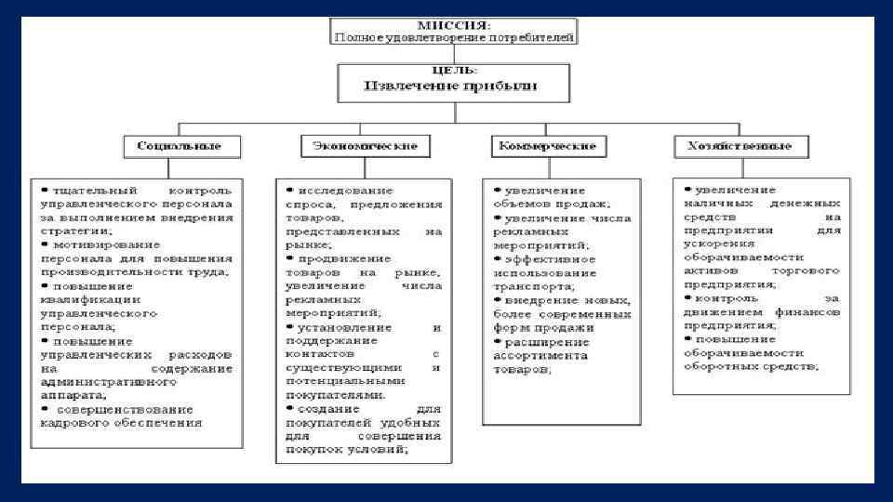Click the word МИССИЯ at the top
click(x=455, y=24)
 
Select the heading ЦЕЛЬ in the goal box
click(x=454, y=70)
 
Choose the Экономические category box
click(x=359, y=147)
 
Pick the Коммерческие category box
click(x=548, y=147)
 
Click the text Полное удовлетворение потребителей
click(x=455, y=37)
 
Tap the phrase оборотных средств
click(x=764, y=368)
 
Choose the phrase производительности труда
click(x=134, y=272)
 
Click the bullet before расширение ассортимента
click(x=497, y=342)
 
